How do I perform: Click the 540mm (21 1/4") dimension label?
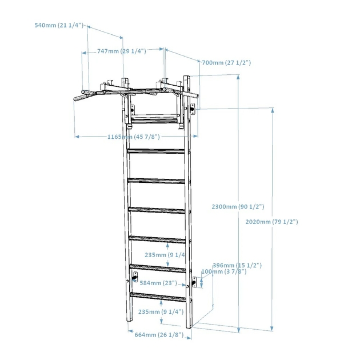(x=59, y=25)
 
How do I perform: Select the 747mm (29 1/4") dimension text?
(x=122, y=51)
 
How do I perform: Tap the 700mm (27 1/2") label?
(x=226, y=63)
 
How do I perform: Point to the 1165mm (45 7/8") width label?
(x=134, y=137)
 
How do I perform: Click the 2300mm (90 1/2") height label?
(x=238, y=207)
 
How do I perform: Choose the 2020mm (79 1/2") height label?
(x=271, y=222)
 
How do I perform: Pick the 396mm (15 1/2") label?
(x=237, y=265)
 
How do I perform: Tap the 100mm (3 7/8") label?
(x=224, y=271)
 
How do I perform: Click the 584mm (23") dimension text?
(x=158, y=283)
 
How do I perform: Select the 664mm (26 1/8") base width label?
(x=159, y=335)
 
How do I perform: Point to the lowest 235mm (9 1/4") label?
(x=161, y=312)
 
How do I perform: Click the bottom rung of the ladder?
(x=158, y=297)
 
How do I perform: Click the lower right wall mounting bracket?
(x=194, y=282)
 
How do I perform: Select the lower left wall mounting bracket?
(x=135, y=277)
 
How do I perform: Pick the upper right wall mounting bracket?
(x=193, y=109)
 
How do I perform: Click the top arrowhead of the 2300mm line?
(x=238, y=77)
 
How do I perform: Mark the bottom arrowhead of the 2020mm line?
(x=272, y=329)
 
